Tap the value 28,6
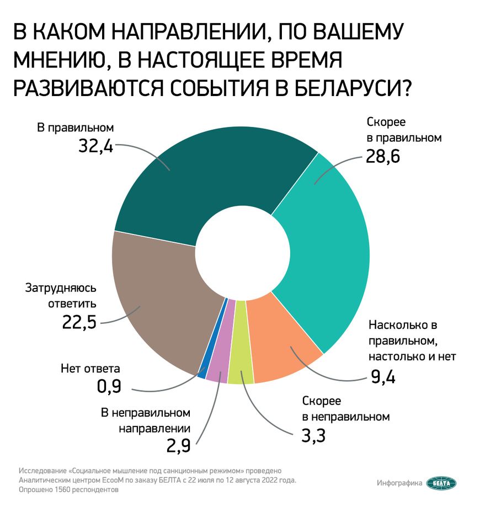tap(382, 157)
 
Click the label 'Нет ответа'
tap(89, 368)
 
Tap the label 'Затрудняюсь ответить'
tap(61, 296)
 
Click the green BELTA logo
tap(441, 483)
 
